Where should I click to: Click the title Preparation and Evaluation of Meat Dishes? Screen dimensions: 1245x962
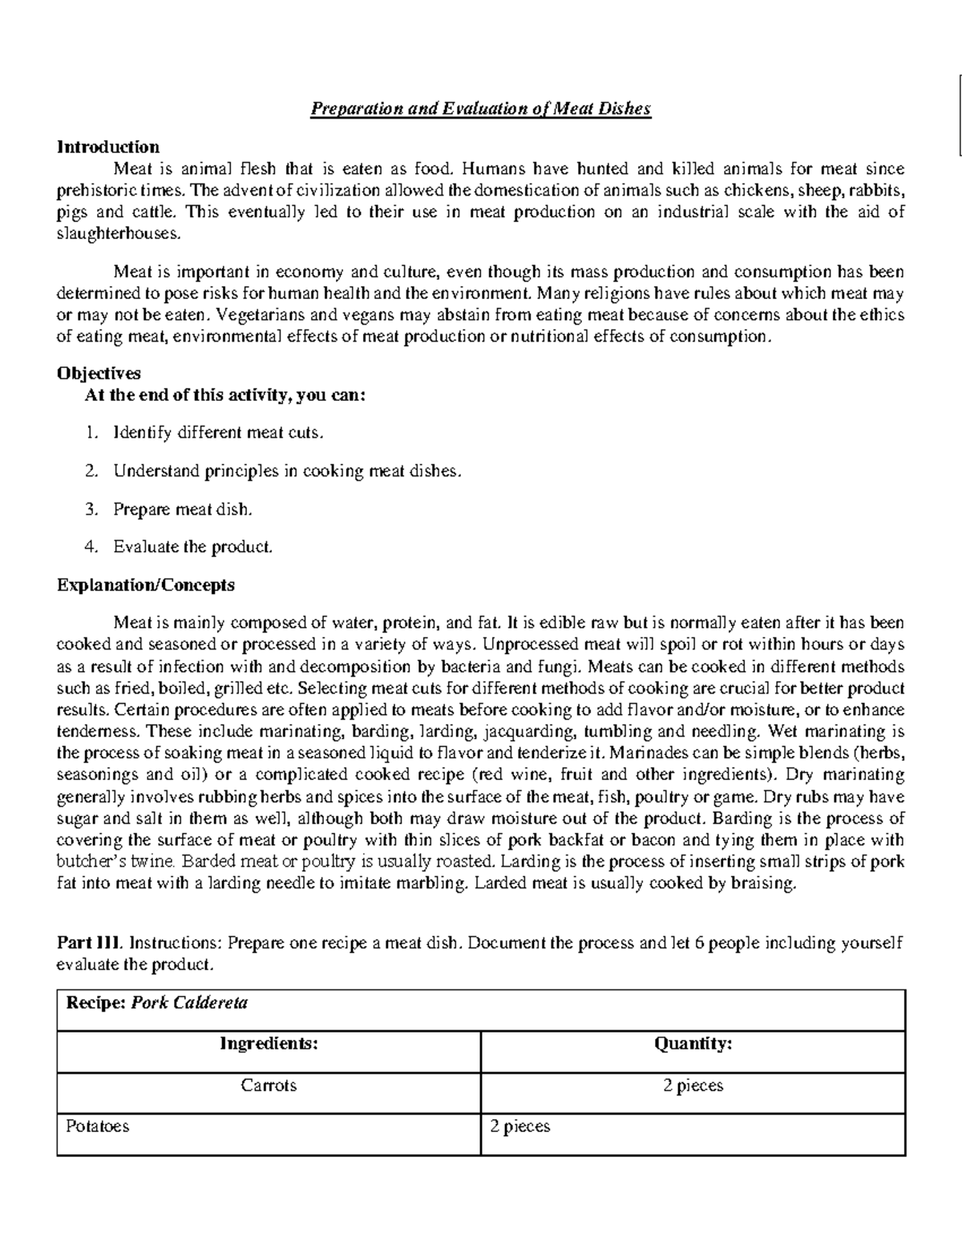pyautogui.click(x=481, y=109)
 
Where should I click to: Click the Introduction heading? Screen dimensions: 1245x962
pyautogui.click(x=107, y=147)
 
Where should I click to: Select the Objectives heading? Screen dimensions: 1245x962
pyautogui.click(x=99, y=373)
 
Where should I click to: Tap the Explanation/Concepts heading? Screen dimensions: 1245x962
pyautogui.click(x=145, y=584)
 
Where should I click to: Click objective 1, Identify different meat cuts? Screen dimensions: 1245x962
pyautogui.click(x=218, y=433)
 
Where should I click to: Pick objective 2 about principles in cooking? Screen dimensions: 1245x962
pyautogui.click(x=287, y=471)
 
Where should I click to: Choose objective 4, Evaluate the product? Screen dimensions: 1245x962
pyautogui.click(x=192, y=547)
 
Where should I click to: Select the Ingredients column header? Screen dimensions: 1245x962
pyautogui.click(x=269, y=1043)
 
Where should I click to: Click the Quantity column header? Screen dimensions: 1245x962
pyautogui.click(x=693, y=1043)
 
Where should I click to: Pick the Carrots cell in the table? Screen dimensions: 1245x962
pyautogui.click(x=269, y=1085)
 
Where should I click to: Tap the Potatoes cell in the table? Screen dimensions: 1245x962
pyautogui.click(x=97, y=1126)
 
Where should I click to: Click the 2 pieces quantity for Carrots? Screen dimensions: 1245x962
pyautogui.click(x=693, y=1085)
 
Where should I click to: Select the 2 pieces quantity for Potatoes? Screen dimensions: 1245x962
pyautogui.click(x=520, y=1126)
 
